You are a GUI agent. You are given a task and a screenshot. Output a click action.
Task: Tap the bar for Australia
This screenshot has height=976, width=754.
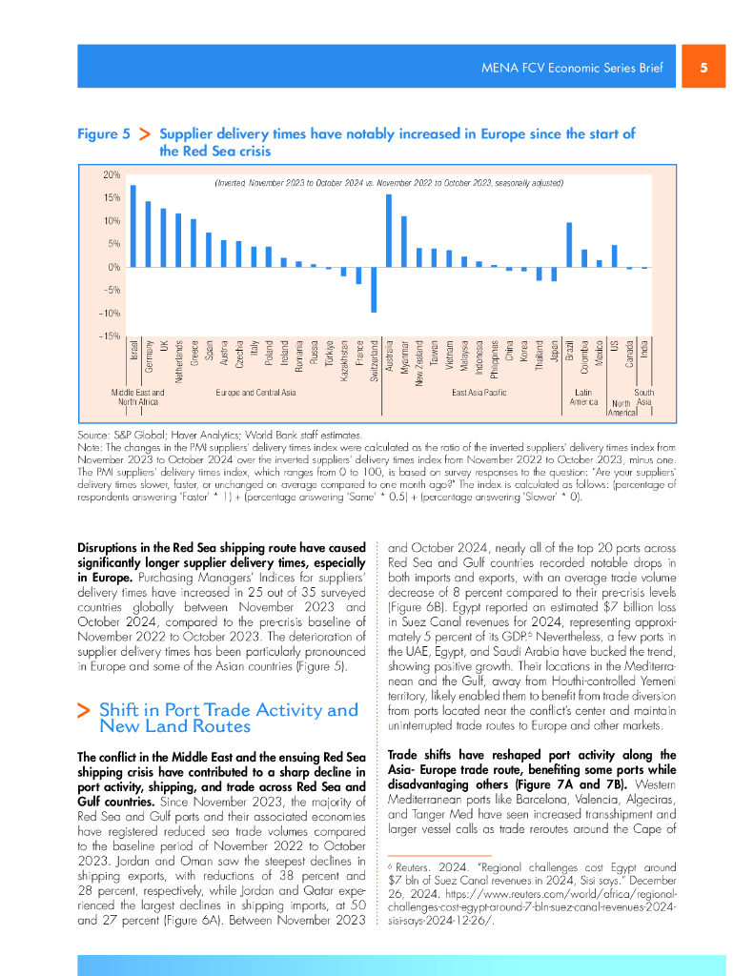tap(389, 231)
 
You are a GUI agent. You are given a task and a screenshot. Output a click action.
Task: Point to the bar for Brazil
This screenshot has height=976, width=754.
tap(569, 245)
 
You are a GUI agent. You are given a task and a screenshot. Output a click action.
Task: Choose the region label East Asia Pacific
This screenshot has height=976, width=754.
tap(479, 392)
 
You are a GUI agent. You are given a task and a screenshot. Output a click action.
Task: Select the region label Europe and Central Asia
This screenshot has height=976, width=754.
tap(256, 392)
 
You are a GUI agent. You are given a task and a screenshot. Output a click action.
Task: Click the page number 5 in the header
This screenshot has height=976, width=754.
tap(703, 68)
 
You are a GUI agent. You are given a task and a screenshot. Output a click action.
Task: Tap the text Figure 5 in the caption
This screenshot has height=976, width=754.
tap(104, 134)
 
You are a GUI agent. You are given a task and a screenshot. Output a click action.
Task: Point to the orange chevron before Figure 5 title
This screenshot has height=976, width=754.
tap(146, 135)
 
